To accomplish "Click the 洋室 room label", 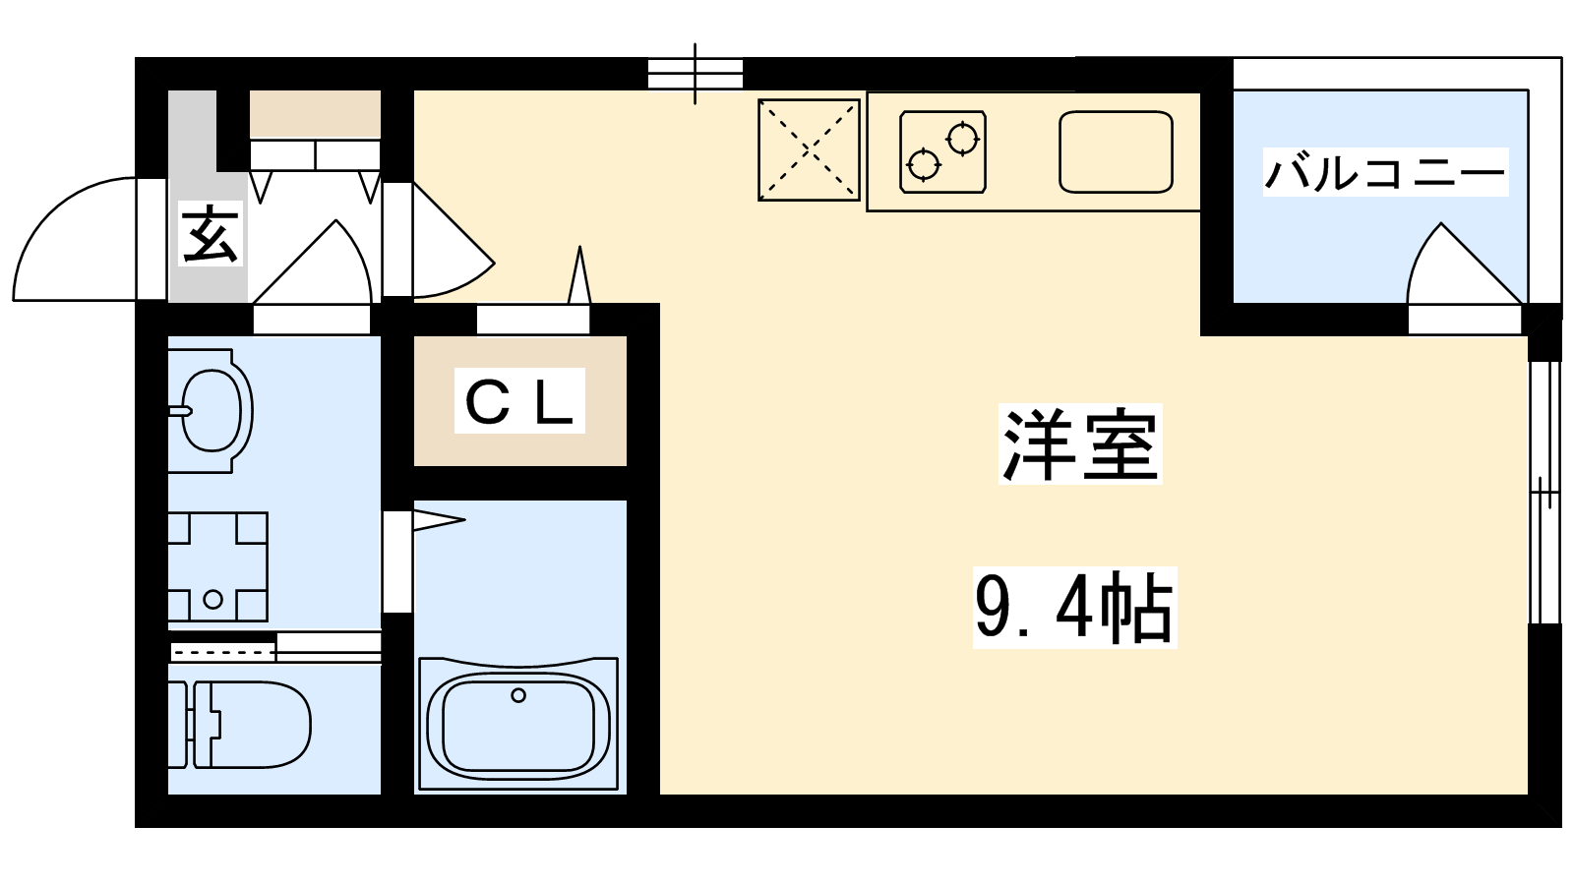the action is pyautogui.click(x=1080, y=444).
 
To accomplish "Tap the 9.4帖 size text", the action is pyautogui.click(x=1074, y=608).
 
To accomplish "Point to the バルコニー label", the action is pyautogui.click(x=1385, y=172).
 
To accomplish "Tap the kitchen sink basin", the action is pyautogui.click(x=1116, y=151).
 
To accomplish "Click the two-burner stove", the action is pyautogui.click(x=943, y=151).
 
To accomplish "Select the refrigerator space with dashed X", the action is pyautogui.click(x=809, y=149).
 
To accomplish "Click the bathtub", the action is pyautogui.click(x=517, y=724).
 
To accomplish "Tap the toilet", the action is pyautogui.click(x=240, y=724).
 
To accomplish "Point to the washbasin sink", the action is pyautogui.click(x=211, y=411).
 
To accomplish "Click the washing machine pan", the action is pyautogui.click(x=217, y=566).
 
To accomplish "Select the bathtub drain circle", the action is pyautogui.click(x=518, y=695).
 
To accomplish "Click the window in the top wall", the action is pyautogui.click(x=695, y=74).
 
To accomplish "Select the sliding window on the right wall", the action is pyautogui.click(x=1544, y=492).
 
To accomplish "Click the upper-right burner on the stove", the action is pyautogui.click(x=962, y=139).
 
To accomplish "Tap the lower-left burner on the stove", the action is pyautogui.click(x=924, y=166).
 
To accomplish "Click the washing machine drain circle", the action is pyautogui.click(x=212, y=599).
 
